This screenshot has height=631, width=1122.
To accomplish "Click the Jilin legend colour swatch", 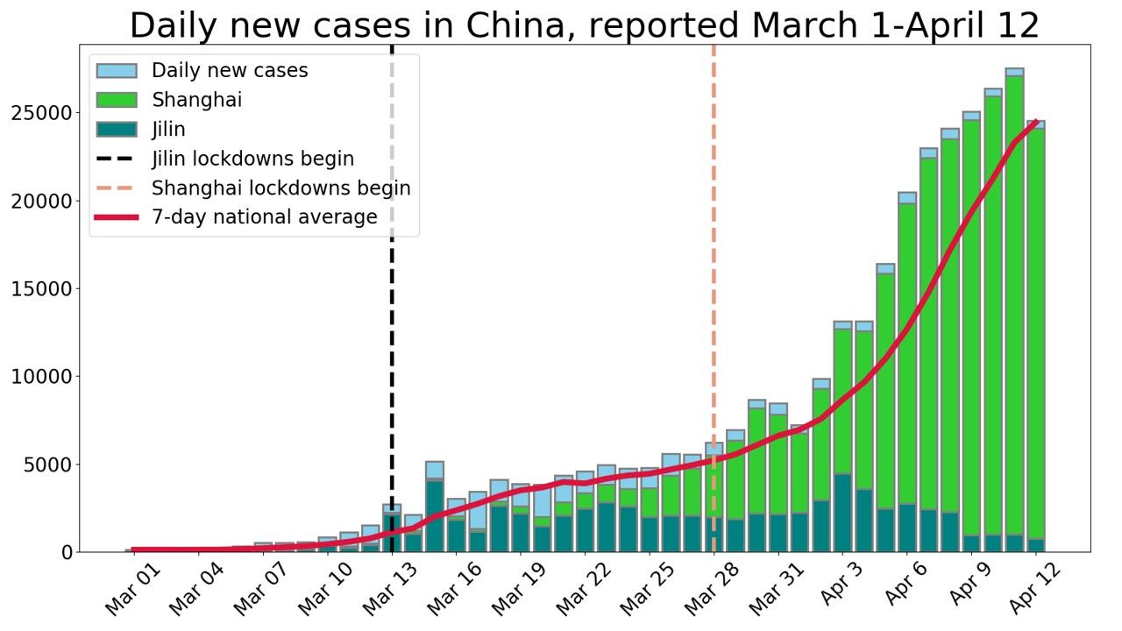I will pyautogui.click(x=117, y=130).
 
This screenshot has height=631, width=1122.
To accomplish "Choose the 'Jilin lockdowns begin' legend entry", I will pyautogui.click(x=252, y=159).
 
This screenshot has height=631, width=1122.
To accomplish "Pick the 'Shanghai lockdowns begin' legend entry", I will pyautogui.click(x=280, y=188).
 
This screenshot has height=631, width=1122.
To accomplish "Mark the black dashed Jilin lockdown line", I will pyautogui.click(x=392, y=351).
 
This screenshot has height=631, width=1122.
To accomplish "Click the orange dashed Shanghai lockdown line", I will pyautogui.click(x=714, y=263).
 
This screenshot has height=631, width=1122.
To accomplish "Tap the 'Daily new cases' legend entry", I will pyautogui.click(x=230, y=71).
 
